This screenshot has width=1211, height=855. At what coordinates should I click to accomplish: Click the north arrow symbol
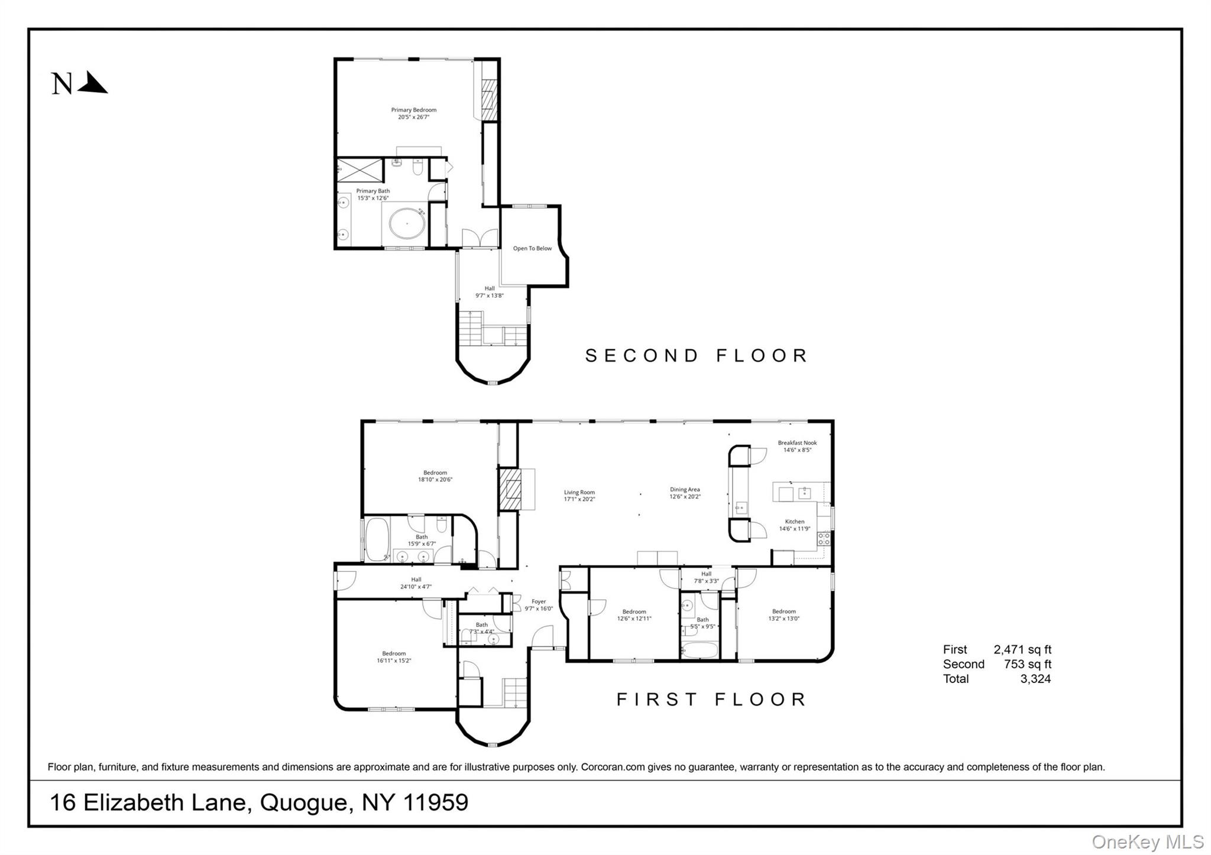[92, 83]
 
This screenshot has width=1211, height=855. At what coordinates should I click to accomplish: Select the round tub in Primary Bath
[407, 224]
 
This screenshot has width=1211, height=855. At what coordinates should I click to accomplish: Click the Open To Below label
[532, 248]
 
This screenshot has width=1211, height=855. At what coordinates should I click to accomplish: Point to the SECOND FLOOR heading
[697, 356]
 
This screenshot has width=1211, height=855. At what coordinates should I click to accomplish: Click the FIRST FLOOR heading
[711, 700]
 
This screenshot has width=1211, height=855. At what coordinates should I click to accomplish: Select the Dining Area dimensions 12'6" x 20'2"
[685, 497]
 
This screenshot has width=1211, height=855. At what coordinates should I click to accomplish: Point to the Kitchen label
[794, 522]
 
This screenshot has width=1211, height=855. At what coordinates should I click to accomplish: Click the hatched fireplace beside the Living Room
[509, 489]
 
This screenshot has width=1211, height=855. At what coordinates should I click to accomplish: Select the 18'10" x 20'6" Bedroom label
[435, 476]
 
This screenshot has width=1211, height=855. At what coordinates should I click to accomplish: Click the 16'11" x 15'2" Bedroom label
[393, 657]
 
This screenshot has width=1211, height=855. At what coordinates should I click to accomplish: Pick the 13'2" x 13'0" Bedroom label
[783, 615]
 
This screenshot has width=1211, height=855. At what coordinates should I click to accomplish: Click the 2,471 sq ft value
[1022, 650]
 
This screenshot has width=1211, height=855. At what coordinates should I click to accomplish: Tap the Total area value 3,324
[1035, 679]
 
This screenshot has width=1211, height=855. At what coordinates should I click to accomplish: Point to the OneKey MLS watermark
[1147, 841]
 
